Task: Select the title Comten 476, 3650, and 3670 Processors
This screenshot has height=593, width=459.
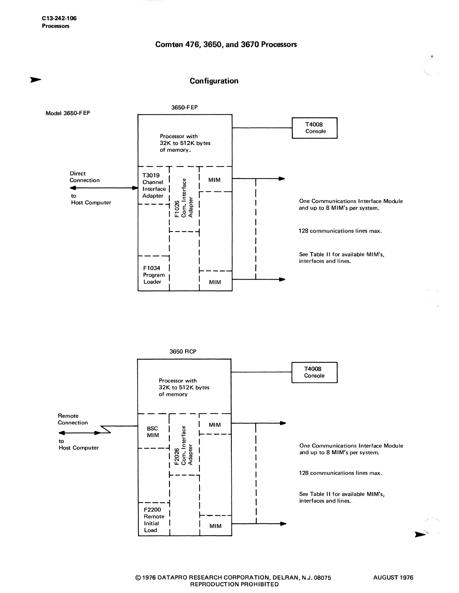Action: click(226, 45)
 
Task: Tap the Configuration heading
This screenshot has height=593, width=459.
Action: click(214, 81)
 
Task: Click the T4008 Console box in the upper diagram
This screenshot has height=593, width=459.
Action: click(315, 128)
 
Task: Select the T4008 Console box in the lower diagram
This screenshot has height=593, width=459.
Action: click(314, 372)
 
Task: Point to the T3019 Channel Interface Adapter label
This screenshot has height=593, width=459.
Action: click(153, 186)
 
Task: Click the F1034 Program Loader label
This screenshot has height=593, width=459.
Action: click(153, 275)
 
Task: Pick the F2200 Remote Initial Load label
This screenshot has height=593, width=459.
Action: click(153, 520)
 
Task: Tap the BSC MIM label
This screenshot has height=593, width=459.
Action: click(153, 432)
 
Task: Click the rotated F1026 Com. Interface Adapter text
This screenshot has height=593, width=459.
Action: click(184, 198)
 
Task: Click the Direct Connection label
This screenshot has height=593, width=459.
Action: click(84, 177)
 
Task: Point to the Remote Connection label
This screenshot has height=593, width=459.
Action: click(73, 419)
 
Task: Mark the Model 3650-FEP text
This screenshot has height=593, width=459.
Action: click(67, 113)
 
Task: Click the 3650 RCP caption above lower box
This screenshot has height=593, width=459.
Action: click(183, 352)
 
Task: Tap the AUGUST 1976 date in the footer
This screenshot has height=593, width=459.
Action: click(393, 578)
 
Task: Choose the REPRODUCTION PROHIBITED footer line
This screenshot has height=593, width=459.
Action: click(234, 584)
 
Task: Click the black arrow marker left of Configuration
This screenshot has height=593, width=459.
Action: click(36, 79)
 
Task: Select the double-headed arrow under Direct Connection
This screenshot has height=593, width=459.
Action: click(101, 188)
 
